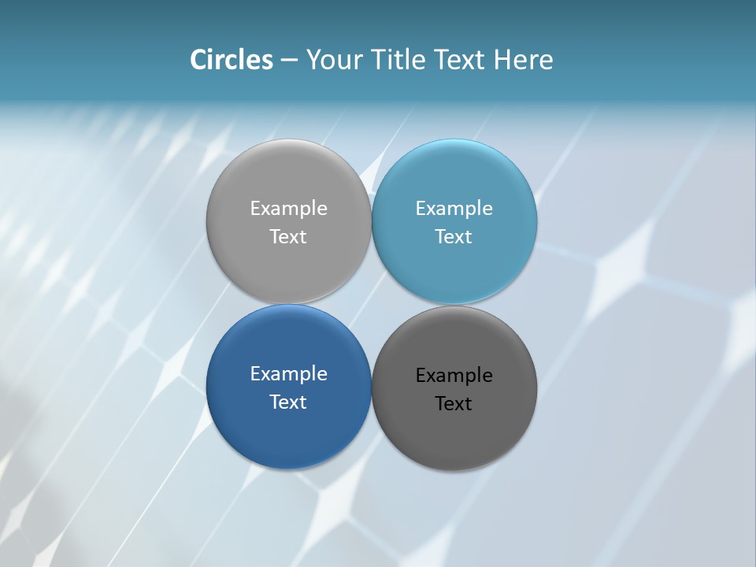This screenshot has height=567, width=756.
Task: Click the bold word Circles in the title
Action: pos(231,60)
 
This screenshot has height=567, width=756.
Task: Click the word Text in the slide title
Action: pos(461,60)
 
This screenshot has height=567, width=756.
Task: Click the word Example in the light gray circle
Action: pos(288,209)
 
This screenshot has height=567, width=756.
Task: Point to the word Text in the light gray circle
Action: pos(288,237)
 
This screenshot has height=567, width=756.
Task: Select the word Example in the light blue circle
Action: pos(454,209)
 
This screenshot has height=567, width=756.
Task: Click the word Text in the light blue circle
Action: pos(454,237)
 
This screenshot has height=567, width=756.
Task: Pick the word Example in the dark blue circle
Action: pos(288,374)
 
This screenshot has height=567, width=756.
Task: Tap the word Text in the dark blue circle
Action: pos(288,402)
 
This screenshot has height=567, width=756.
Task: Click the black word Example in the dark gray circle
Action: pos(454,376)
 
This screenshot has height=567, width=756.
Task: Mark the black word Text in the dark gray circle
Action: pos(454,404)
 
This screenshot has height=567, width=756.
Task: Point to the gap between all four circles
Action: pos(371,305)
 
